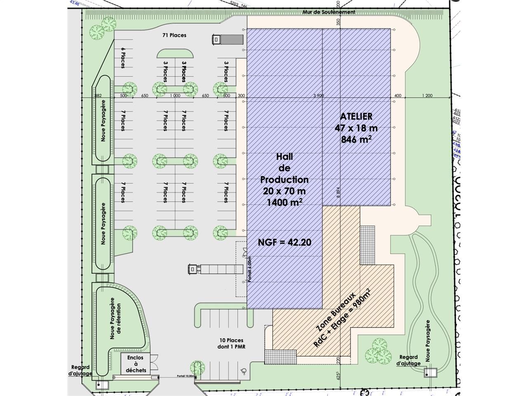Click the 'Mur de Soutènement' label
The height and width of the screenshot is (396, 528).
pos(328,12)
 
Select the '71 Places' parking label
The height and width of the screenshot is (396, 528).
pos(174,35)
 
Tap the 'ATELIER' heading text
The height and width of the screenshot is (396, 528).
pos(356,117)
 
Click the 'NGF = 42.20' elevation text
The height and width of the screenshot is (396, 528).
pos(285,242)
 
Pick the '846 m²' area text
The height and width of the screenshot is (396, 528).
pos(356,139)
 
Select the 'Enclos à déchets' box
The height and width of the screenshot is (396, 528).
pos(137,364)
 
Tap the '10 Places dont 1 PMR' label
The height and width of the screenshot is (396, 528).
pos(232,344)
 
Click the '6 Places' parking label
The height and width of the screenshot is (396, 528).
pos(123,58)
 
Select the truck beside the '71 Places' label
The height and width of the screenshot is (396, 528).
pos(226,39)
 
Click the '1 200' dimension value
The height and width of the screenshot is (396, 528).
pos(427,96)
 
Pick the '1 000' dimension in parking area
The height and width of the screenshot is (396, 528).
pos(174,96)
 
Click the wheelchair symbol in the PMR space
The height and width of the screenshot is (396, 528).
pos(244,370)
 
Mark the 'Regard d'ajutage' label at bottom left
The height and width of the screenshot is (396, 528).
pos(80,370)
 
